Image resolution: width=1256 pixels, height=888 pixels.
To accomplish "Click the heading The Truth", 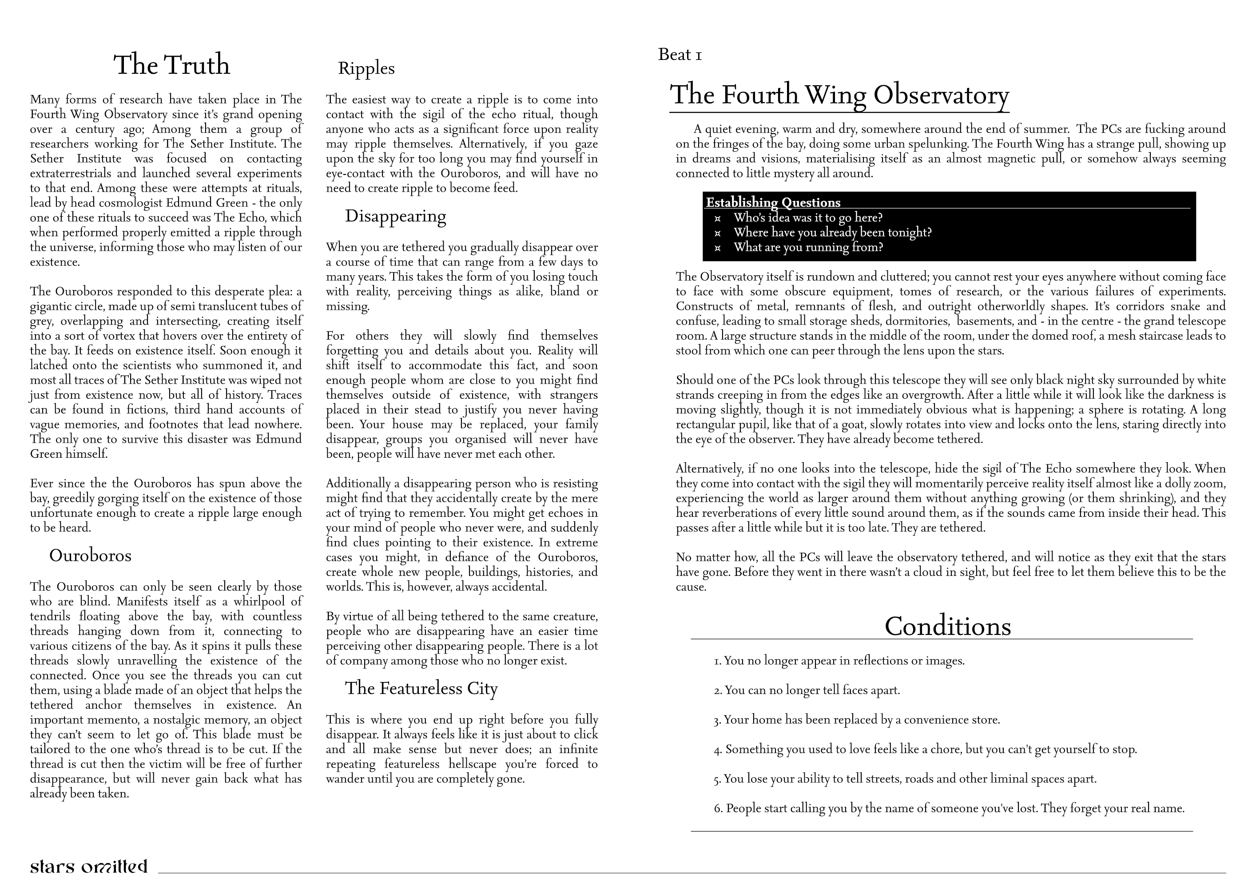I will point(172,65).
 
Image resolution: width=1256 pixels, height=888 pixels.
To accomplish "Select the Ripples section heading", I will point(366,68).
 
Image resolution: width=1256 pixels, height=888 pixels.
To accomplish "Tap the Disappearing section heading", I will point(395,216).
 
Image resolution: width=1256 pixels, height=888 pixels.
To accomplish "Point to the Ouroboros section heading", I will point(90,555).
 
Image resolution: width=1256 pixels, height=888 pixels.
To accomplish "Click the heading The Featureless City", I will point(421,688).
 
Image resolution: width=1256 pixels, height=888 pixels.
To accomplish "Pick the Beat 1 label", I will point(680,55).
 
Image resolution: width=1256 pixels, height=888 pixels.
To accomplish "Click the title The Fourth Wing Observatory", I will point(839,95).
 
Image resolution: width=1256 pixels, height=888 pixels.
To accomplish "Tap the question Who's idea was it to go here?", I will point(808,218).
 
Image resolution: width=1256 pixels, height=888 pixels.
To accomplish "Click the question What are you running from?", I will point(808,247).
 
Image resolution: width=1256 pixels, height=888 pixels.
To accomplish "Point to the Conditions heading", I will point(947,626).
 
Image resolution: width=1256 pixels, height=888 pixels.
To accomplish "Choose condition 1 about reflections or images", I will point(839,661).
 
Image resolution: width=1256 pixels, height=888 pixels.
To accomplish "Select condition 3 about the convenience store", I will point(857,720).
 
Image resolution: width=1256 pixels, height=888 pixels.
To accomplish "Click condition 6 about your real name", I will point(949,808).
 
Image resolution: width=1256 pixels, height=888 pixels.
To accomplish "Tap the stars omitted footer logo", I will point(89,867).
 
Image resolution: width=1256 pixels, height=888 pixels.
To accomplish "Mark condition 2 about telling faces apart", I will point(807,690).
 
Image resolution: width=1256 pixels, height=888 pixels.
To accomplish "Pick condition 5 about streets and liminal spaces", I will point(905,779).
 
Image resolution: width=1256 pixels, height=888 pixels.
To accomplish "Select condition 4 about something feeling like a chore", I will point(925,749).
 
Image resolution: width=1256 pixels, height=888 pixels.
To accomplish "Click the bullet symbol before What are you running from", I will point(718,248).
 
